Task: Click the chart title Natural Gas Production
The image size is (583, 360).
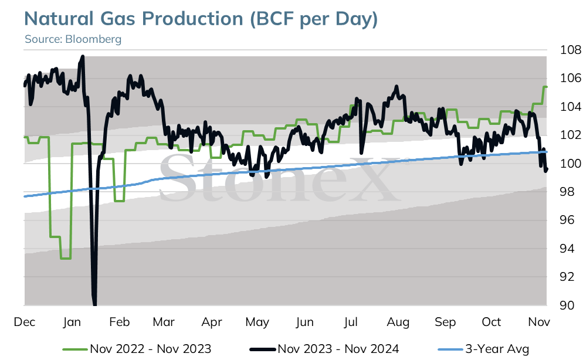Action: tap(134, 19)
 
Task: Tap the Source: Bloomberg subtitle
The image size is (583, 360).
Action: tap(73, 39)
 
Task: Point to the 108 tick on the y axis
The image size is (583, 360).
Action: tap(571, 49)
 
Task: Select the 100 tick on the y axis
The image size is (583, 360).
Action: tap(571, 163)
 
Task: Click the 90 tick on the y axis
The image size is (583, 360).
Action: tap(567, 305)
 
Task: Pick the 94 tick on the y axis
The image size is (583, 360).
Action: tap(567, 249)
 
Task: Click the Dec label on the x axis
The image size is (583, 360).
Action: tap(25, 322)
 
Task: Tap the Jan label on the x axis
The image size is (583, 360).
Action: tap(72, 322)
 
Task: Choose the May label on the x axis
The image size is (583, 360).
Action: tap(257, 322)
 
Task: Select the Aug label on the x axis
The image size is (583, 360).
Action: tap(398, 322)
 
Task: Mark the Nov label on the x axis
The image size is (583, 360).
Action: tap(539, 322)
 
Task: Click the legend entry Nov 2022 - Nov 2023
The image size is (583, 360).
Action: tap(137, 349)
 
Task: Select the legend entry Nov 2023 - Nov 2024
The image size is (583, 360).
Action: tap(324, 349)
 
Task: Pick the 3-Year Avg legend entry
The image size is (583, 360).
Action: tap(483, 349)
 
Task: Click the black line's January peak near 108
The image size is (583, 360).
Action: tap(82, 56)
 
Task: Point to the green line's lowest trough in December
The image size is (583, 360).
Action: tap(66, 258)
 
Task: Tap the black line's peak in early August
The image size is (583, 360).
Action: tap(396, 87)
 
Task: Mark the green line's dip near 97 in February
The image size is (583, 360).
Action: tap(119, 201)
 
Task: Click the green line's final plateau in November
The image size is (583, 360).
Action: tap(545, 87)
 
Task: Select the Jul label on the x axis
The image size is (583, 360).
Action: tap(351, 322)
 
